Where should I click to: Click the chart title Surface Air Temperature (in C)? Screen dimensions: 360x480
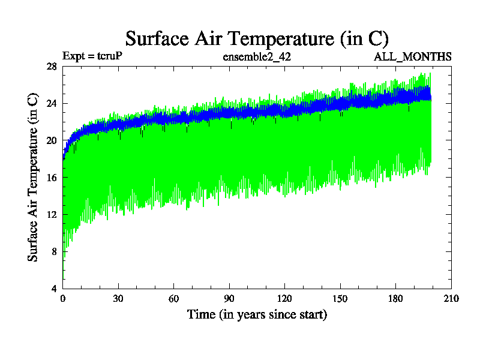pos(257,38)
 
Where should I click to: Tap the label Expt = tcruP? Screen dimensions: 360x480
pos(93,57)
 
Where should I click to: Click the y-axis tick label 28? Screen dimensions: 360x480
pos(52,67)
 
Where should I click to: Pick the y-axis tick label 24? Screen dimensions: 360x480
pos(52,103)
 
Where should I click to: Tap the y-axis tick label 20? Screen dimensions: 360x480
pos(52,140)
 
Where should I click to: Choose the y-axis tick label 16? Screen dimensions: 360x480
pos(52,178)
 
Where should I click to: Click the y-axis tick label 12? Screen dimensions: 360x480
pos(52,214)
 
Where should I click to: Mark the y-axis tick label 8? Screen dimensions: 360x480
pos(54,251)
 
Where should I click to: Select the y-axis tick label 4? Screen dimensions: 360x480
pos(54,289)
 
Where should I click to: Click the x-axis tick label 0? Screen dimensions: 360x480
pos(63,299)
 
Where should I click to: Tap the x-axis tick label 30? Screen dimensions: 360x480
pos(118,299)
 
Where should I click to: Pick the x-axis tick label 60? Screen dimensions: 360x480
pos(173,299)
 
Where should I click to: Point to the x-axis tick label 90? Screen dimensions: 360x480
pos(229,299)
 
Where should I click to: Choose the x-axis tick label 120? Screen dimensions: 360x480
pos(284,299)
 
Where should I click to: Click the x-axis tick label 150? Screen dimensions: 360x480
pos(340,299)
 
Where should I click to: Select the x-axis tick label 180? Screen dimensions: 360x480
pos(395,299)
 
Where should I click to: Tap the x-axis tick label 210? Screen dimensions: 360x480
pos(451,299)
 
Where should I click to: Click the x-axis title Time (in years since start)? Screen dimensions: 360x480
pos(257,314)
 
